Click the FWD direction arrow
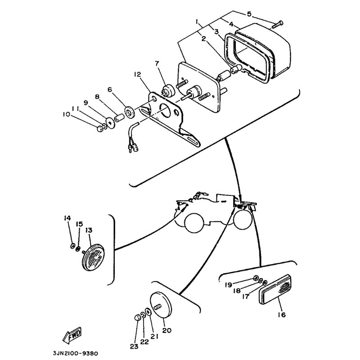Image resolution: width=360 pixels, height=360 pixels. [72, 334]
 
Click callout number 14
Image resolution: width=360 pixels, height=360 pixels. [67, 218]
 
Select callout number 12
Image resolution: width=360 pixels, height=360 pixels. [137, 74]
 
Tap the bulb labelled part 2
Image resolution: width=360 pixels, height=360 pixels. [235, 68]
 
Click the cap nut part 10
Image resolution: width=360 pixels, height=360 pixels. [100, 128]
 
